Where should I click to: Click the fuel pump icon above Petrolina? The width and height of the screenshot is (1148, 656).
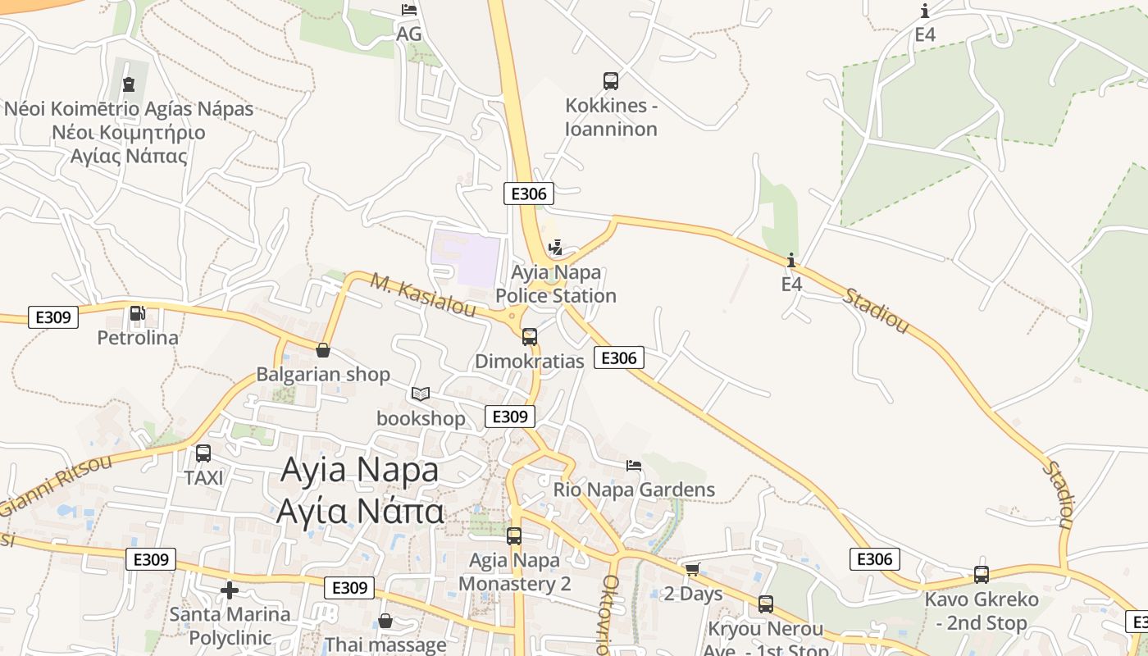[x=137, y=312]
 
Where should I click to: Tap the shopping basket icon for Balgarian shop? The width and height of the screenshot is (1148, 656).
[x=323, y=350]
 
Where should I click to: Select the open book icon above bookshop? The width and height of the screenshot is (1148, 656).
[x=421, y=394]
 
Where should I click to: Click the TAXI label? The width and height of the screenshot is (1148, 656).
[x=204, y=477]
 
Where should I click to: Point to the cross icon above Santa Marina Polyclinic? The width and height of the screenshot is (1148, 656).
[x=230, y=590]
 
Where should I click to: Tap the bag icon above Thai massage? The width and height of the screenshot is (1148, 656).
[x=385, y=621]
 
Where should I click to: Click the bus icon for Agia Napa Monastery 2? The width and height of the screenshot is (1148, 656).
[x=514, y=536]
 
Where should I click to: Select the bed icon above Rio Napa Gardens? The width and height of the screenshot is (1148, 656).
[x=634, y=466]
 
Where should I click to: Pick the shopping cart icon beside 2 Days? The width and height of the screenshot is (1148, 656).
[x=692, y=569]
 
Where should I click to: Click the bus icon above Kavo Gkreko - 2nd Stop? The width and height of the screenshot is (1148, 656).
[x=982, y=574]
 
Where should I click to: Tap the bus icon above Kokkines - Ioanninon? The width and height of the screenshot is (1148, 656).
[x=611, y=80]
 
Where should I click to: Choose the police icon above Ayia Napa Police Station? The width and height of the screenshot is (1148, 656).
[x=556, y=247]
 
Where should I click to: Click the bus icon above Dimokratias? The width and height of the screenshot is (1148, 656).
[x=530, y=336]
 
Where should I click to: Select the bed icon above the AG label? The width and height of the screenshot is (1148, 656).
[x=408, y=10]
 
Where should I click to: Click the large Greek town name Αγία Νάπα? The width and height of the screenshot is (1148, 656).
[x=360, y=511]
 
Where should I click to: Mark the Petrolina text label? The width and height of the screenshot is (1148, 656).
[x=138, y=338]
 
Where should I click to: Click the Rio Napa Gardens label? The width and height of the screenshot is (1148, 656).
[x=635, y=490]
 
